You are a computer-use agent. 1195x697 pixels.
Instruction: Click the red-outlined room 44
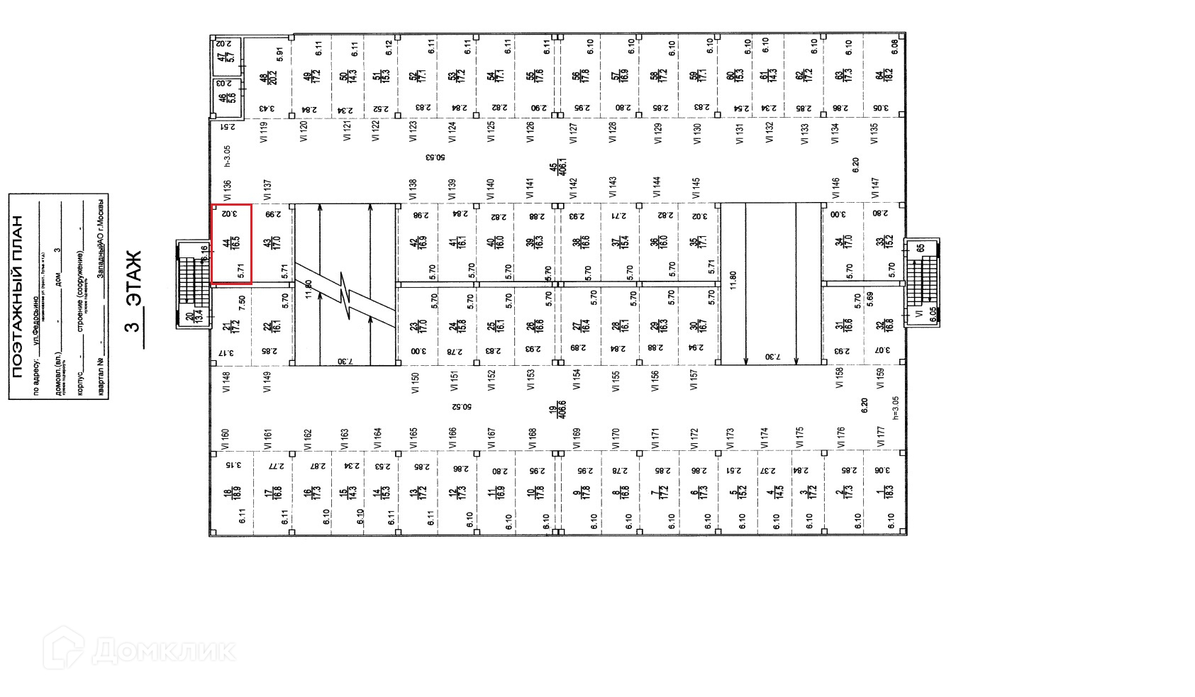(231, 243)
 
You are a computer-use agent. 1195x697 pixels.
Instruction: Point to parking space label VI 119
(264, 133)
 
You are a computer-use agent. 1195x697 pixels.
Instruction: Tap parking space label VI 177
(880, 436)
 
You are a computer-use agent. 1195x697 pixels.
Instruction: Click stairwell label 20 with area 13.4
(192, 317)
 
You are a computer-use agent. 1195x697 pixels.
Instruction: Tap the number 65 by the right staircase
(920, 249)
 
